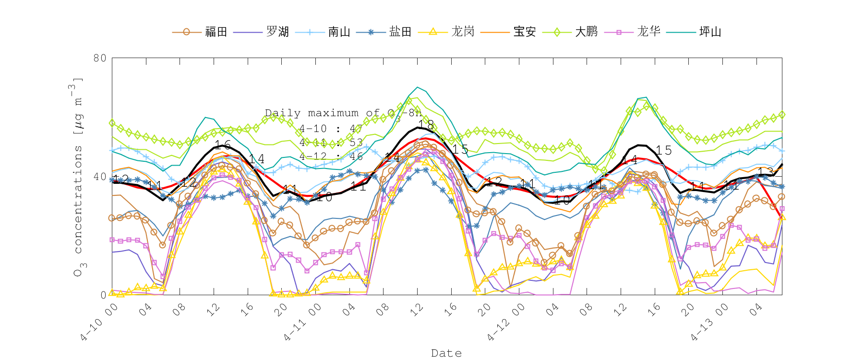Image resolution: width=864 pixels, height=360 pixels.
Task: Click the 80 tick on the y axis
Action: point(100,58)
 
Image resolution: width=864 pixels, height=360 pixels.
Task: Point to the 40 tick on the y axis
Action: point(100,177)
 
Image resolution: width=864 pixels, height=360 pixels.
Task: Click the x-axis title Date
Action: point(446,353)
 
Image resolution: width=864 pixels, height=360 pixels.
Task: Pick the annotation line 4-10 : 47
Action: point(331,129)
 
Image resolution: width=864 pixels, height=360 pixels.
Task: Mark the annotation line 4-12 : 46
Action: point(331,156)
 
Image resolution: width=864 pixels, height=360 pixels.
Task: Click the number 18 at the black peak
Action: point(426,125)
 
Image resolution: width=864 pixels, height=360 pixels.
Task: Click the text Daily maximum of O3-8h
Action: point(343,113)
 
